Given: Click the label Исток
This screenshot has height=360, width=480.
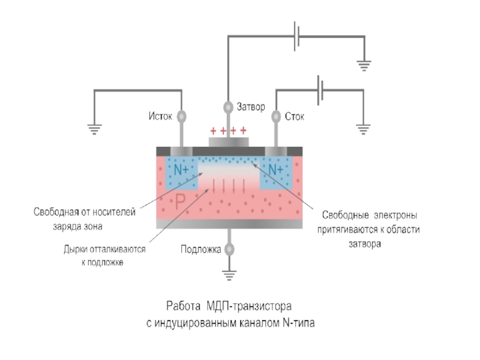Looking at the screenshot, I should click(160, 116).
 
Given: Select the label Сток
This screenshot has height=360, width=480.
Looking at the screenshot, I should click(295, 116).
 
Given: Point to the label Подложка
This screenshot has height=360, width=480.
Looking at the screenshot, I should click(201, 249).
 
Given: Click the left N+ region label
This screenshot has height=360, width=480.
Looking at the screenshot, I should click(182, 170).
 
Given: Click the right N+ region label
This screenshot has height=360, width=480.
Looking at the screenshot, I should click(275, 170).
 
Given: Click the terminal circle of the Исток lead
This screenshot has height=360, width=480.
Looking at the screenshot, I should click(181, 116).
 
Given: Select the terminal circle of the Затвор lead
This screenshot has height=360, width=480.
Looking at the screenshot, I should click(228, 108).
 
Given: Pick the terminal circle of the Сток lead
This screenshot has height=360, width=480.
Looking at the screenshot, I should click(276, 116).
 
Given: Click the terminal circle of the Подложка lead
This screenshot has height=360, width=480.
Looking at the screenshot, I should click(228, 249).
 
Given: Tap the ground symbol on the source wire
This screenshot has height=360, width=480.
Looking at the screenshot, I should click(94, 128).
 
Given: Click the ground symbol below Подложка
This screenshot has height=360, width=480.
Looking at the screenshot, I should click(228, 275).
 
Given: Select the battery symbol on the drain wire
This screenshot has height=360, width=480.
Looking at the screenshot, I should click(322, 90).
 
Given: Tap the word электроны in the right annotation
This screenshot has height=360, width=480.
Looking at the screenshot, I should click(396, 214).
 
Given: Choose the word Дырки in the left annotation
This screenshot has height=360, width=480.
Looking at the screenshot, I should click(76, 249).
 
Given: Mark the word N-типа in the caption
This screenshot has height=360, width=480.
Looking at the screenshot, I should click(298, 323).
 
